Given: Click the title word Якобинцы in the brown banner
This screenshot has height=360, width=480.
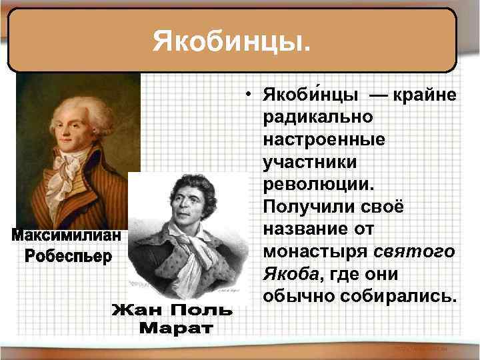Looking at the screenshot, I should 231,41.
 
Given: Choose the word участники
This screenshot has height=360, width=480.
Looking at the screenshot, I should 311,162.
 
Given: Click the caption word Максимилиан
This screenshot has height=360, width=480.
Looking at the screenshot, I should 66,237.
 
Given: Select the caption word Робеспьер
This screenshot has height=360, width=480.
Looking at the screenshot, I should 67,256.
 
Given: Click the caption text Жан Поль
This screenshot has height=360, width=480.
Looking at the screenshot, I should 171,311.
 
